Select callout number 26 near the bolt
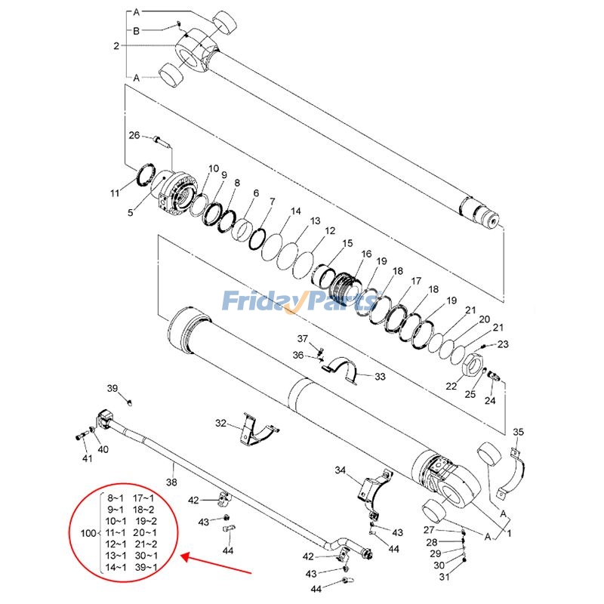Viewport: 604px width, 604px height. click(134, 136)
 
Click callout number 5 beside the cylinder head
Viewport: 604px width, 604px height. click(130, 213)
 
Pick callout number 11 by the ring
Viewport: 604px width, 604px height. click(115, 194)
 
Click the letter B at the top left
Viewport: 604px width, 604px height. click(136, 30)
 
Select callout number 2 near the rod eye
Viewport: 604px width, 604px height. click(116, 46)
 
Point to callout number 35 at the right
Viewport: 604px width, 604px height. click(518, 432)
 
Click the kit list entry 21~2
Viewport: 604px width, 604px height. click(146, 544)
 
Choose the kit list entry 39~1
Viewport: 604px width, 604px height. click(146, 568)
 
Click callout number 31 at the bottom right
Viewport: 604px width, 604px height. click(444, 578)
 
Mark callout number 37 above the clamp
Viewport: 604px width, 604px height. click(302, 337)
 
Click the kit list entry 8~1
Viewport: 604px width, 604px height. click(116, 498)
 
